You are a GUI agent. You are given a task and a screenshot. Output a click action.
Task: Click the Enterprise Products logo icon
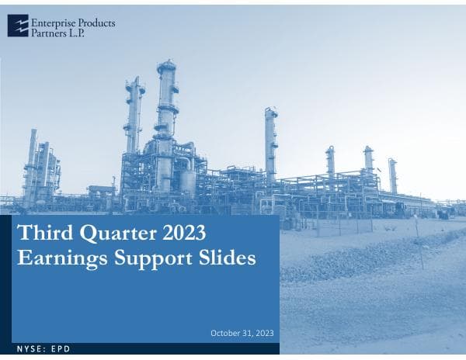(18, 26)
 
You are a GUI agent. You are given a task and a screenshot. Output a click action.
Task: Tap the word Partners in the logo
(48, 33)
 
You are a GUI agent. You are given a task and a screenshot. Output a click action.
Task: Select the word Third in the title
(43, 234)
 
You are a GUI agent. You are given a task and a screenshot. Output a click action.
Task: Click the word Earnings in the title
(59, 258)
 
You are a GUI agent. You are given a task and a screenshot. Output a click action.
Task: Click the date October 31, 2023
(242, 333)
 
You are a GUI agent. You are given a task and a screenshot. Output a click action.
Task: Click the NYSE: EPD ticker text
(43, 349)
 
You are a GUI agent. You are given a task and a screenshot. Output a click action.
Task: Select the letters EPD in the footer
(61, 349)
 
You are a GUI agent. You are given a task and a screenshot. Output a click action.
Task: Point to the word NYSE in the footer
(29, 349)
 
